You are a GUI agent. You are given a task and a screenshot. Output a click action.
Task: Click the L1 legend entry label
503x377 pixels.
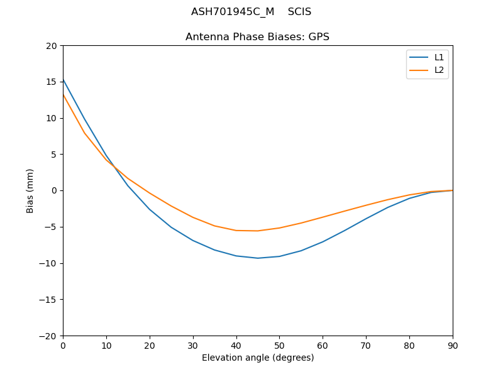(x=439, y=57)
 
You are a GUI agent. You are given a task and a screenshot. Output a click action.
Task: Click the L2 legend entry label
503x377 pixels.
(x=439, y=70)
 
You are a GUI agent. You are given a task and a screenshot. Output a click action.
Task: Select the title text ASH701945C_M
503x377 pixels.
(x=233, y=12)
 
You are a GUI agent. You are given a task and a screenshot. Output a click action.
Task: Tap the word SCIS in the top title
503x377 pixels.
(x=299, y=12)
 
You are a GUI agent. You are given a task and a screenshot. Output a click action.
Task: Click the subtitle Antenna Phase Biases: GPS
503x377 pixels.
(x=257, y=37)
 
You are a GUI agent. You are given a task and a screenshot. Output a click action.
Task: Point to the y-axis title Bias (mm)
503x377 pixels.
(x=30, y=190)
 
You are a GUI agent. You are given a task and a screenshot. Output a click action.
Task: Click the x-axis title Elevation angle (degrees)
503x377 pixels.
(x=258, y=358)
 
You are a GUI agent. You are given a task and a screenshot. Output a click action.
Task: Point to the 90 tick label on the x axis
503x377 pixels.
(x=453, y=345)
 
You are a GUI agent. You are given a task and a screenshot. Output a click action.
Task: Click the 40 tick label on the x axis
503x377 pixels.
(x=236, y=345)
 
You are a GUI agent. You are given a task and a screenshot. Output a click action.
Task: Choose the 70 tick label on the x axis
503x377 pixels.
(x=366, y=345)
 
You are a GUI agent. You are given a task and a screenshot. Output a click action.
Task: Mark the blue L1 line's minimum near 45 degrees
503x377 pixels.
(x=258, y=258)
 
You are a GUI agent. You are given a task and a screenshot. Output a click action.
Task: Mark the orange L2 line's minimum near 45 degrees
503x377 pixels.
(x=258, y=231)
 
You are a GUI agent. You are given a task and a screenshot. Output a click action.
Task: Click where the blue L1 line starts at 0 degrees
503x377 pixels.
(x=64, y=80)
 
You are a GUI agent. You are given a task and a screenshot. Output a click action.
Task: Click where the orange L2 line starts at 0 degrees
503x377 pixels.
(x=64, y=95)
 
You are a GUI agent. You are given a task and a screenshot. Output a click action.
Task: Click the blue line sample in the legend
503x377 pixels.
(x=419, y=57)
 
